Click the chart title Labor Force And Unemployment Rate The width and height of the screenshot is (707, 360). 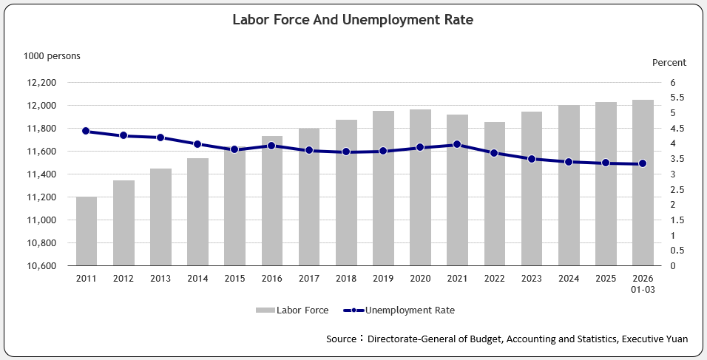click(353, 20)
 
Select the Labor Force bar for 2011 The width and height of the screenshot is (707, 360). click(87, 231)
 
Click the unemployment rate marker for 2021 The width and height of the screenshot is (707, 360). click(457, 144)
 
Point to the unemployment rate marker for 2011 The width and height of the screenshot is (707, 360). click(86, 131)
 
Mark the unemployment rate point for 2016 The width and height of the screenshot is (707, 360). click(271, 146)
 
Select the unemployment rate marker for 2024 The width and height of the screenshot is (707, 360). click(568, 161)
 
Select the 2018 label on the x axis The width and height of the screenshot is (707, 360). click(346, 279)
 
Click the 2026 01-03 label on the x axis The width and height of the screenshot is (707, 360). click(642, 284)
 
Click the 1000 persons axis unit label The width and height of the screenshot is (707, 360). click(52, 55)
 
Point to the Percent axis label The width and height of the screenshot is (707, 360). click(669, 63)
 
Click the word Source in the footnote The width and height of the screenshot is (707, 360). click(342, 339)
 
